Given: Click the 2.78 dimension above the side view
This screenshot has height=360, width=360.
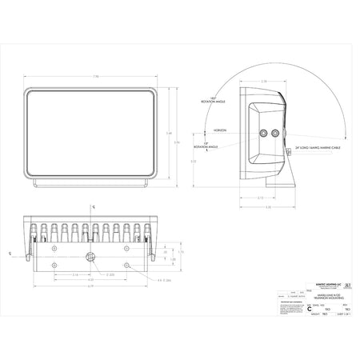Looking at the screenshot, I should tap(265, 81).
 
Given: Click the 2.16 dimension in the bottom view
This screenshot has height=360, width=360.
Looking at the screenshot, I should tap(74, 274).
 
